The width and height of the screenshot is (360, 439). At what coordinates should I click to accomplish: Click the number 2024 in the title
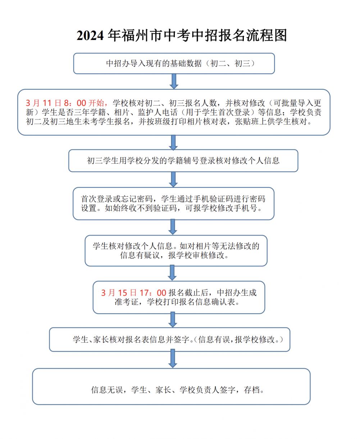click(90, 36)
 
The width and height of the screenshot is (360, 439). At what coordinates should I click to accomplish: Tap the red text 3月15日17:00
click(133, 293)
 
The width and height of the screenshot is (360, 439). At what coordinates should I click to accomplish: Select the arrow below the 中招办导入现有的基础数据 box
click(174, 81)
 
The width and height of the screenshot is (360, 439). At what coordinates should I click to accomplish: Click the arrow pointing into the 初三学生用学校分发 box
click(173, 142)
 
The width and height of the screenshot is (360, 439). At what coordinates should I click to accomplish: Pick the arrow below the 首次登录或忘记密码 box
click(173, 227)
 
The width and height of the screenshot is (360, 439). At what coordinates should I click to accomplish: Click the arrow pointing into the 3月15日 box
click(172, 273)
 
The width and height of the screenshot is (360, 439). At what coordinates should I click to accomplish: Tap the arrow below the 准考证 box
click(173, 320)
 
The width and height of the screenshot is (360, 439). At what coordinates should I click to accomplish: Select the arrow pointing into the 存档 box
click(173, 359)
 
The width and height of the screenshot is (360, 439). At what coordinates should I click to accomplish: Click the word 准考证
click(127, 302)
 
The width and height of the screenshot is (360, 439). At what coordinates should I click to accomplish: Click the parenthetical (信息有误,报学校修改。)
click(238, 339)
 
